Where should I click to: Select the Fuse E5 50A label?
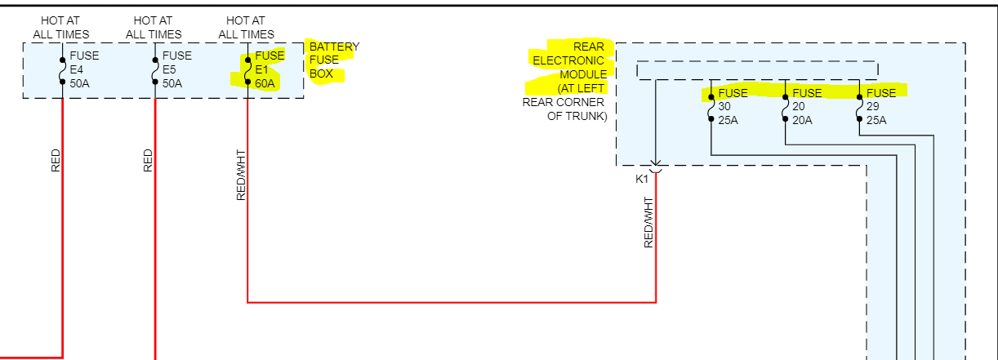pos(176,69)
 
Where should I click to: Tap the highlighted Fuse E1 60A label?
pos(270,69)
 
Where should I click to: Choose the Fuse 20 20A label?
pos(805,107)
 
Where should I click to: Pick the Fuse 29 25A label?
pos(880,107)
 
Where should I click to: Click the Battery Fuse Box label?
pos(332,60)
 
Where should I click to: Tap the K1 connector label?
pos(641,179)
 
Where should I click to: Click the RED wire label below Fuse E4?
pos(56,160)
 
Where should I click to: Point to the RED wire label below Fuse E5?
pos(148,160)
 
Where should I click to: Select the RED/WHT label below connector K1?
pos(648,221)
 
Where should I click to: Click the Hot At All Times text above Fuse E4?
pos(61,27)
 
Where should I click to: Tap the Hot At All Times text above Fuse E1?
pos(247,27)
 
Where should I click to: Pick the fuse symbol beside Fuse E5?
pos(154,70)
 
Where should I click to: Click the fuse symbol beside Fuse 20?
pos(786,107)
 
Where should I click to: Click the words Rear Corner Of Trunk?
pos(565,109)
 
